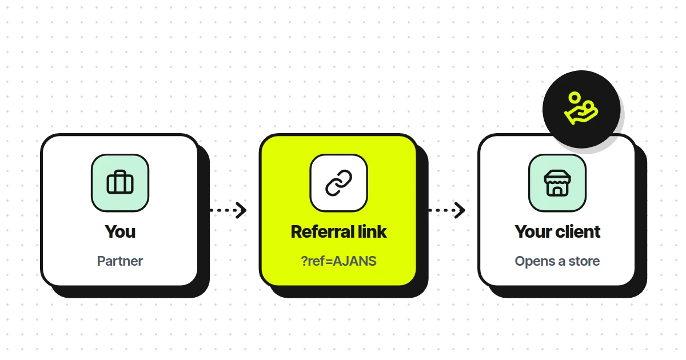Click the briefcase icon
[x=120, y=182]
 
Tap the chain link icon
[x=338, y=183]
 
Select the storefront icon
[x=557, y=183]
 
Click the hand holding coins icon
[x=581, y=109]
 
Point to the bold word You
[x=120, y=232]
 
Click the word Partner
[x=120, y=261]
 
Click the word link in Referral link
[x=372, y=232]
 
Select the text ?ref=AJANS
[x=338, y=261]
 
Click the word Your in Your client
[x=534, y=232]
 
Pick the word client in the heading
[x=578, y=232]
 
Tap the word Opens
[x=535, y=262]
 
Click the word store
[x=584, y=261]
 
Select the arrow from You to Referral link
[x=228, y=210]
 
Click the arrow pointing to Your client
[x=447, y=210]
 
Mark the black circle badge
[x=581, y=109]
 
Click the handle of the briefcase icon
[x=120, y=173]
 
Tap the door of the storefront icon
[x=557, y=191]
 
